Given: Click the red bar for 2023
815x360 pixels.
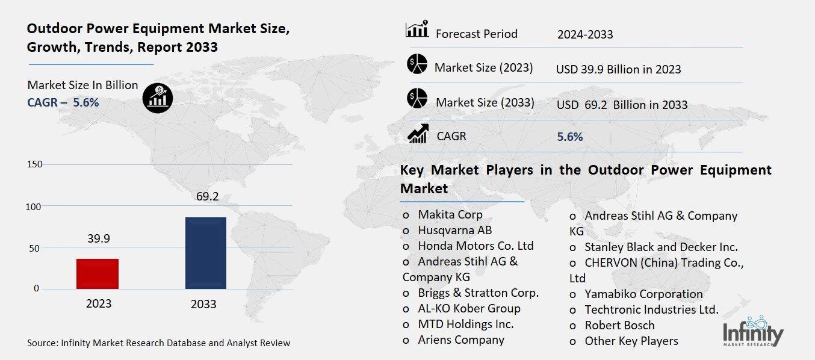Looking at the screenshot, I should click(98, 274).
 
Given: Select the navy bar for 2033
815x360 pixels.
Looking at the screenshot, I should click(206, 253).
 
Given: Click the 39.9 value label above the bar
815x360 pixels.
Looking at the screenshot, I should click(98, 239).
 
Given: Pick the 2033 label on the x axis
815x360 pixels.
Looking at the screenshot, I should click(203, 304).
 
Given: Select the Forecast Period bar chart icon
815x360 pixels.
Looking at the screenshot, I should click(417, 29).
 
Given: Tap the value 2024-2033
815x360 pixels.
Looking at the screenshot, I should click(585, 34).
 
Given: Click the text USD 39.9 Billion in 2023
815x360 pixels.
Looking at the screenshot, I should click(619, 69).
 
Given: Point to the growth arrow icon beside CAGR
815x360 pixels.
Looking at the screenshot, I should click(417, 134).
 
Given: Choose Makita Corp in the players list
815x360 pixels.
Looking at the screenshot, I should click(450, 214).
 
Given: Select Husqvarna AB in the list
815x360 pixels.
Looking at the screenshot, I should click(454, 230).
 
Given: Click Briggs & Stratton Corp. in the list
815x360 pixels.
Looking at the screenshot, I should click(478, 293).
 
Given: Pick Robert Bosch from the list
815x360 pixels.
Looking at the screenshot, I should click(619, 326).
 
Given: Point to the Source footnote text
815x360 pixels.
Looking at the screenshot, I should click(158, 343).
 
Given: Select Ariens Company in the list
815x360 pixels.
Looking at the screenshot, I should click(461, 340).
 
